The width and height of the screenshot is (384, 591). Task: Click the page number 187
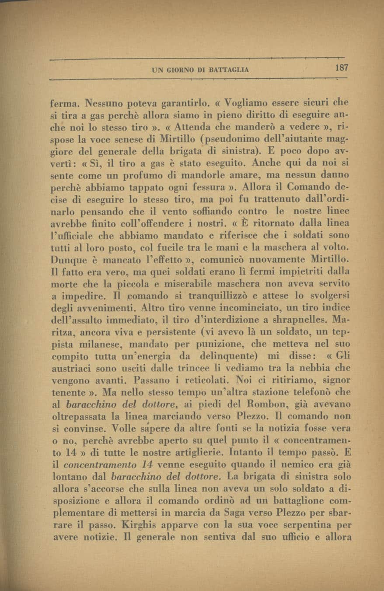pos(339,68)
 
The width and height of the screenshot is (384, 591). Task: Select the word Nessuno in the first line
pos(107,105)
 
